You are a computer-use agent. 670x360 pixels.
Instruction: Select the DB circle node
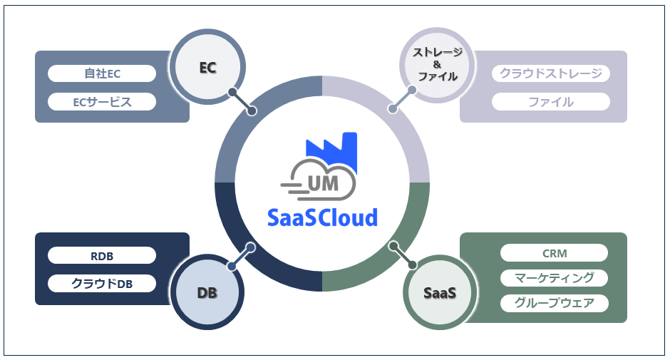pos(207,292)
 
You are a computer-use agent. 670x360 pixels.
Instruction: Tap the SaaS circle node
pos(439,292)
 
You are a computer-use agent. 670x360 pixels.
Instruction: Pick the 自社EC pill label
pos(102,73)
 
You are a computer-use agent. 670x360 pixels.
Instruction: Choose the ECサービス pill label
pos(102,101)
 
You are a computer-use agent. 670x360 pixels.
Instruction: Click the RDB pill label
pos(102,255)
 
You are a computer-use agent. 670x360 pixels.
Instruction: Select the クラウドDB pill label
pos(102,283)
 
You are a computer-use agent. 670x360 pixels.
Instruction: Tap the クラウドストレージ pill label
pos(550,73)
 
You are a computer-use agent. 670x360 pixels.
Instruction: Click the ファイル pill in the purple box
pos(550,101)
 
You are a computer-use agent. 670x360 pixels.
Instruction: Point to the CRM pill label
pos(554,253)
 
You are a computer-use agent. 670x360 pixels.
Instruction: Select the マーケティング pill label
pos(554,277)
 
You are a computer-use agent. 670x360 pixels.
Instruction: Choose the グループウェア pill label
pos(554,302)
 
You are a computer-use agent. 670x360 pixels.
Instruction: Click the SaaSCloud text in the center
pos(322,217)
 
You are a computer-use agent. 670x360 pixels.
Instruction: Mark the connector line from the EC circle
pos(242,102)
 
